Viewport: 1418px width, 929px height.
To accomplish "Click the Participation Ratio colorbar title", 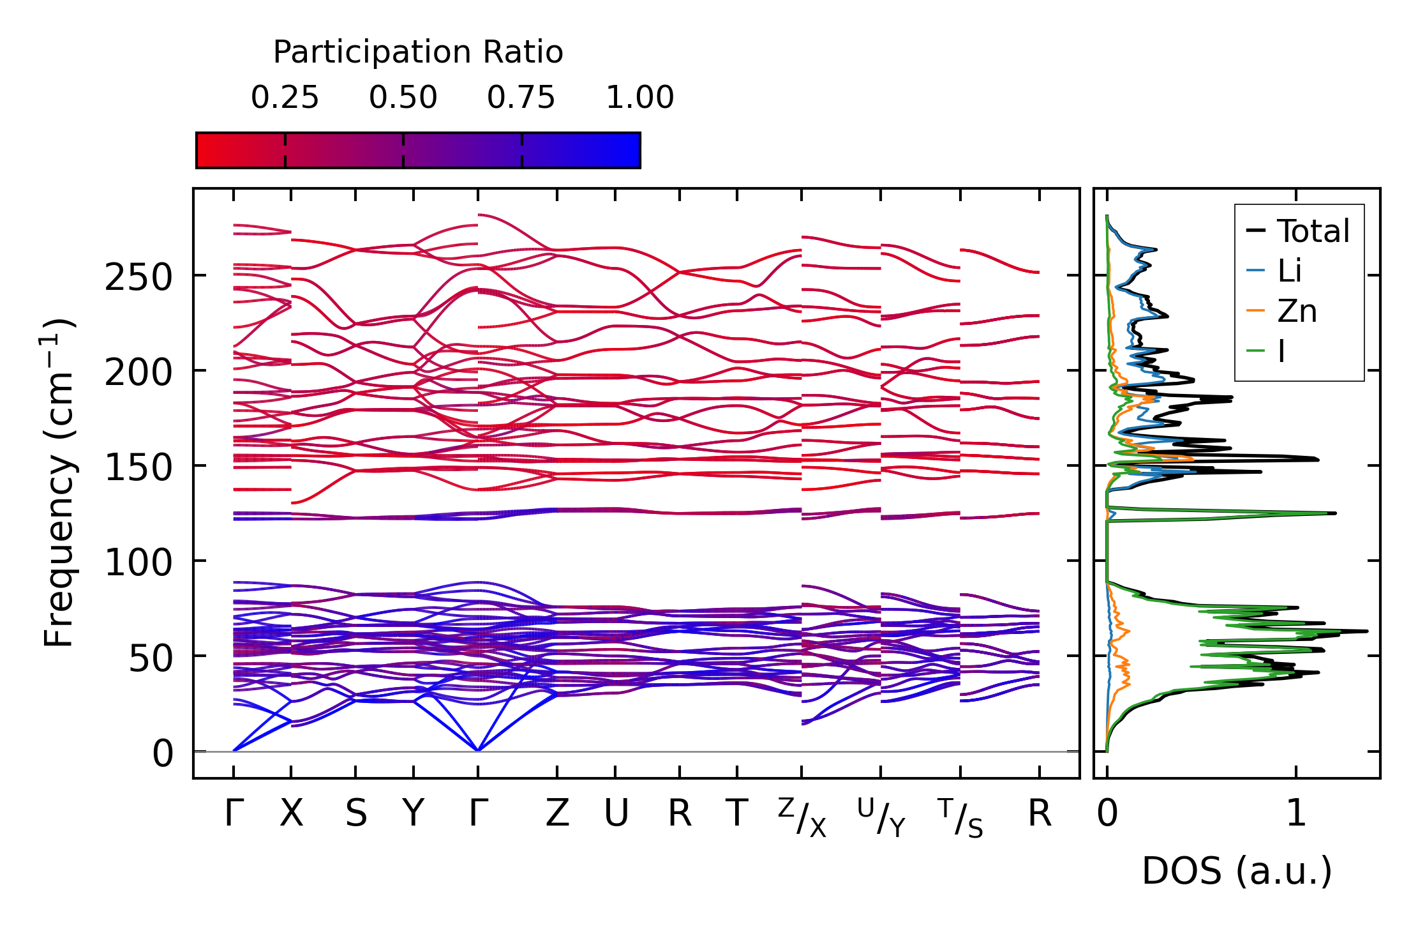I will [418, 52].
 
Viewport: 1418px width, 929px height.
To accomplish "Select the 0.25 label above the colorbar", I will [285, 98].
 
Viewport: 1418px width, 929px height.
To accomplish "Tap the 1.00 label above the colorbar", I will [639, 98].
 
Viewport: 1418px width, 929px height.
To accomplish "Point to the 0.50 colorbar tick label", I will [403, 98].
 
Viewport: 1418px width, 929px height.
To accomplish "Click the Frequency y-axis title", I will [59, 483].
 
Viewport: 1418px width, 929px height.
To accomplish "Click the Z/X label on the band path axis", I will [802, 817].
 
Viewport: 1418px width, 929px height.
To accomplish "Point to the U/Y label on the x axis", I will [881, 817].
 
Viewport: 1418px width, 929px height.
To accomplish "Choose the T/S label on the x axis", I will [960, 817].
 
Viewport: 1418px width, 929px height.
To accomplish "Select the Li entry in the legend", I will [1289, 271].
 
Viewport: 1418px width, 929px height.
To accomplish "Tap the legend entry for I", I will [1281, 351].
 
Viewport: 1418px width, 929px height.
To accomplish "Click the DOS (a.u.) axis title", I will [1237, 871].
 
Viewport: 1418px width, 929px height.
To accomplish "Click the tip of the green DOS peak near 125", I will [1334, 513].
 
